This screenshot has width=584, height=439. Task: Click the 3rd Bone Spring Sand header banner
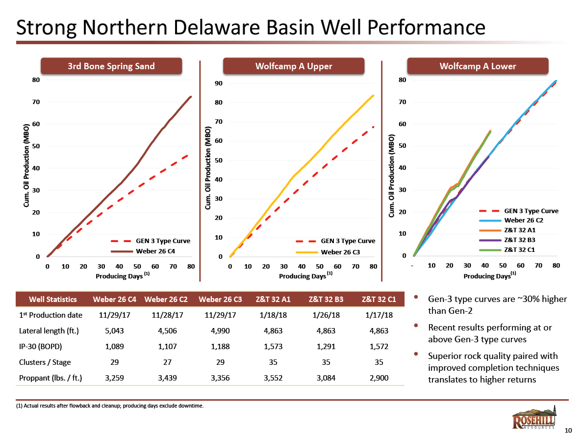[x=111, y=66]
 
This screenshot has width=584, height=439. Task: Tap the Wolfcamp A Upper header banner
[x=294, y=66]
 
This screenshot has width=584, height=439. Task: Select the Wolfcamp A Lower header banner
[x=478, y=66]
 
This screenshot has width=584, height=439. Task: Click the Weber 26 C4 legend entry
[x=155, y=251]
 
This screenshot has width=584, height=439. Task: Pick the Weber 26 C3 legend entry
[x=340, y=252]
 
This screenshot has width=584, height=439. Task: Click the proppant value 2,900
[x=378, y=378]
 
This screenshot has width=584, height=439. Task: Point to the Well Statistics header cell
[x=53, y=299]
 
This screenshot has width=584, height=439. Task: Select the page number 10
[x=568, y=431]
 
